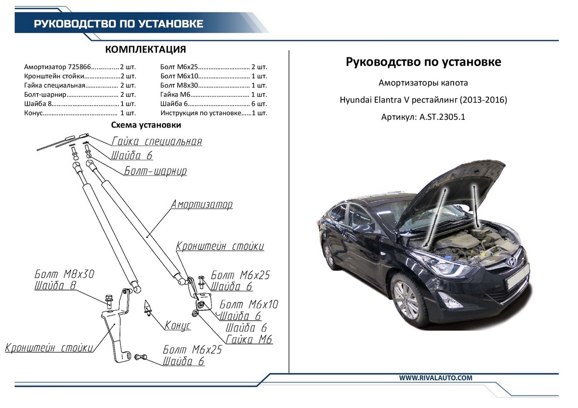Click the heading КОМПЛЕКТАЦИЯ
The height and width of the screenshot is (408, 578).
[x=145, y=49]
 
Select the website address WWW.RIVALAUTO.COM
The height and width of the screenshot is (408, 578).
[x=435, y=378]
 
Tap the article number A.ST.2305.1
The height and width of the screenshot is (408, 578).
[x=442, y=117]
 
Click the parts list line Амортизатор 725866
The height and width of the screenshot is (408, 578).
[x=80, y=67]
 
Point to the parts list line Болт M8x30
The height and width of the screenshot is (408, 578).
[x=214, y=85]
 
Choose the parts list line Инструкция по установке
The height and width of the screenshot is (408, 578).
[x=214, y=113]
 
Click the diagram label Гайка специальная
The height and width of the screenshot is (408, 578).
[x=157, y=141]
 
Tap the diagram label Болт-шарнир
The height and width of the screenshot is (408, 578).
[x=155, y=171]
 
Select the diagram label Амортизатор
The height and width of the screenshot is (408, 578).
[x=202, y=204]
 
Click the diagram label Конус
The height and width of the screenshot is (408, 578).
[x=178, y=325]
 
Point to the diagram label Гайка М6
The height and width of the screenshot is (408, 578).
[x=249, y=339]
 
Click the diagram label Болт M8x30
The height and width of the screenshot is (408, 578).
[x=65, y=274]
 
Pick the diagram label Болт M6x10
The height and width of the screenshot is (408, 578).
[x=249, y=305]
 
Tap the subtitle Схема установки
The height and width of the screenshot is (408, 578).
[x=146, y=125]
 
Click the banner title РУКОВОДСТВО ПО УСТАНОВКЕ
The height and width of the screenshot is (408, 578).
[x=118, y=24]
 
